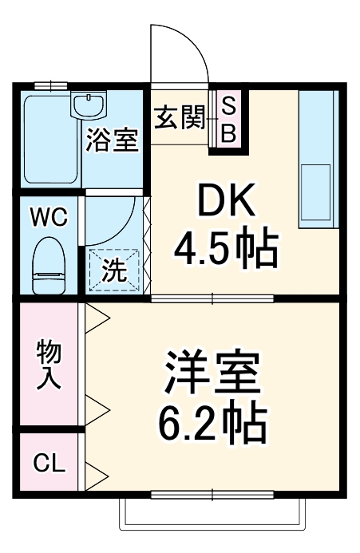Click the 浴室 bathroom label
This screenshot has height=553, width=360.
(113, 140)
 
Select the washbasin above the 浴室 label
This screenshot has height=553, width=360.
(89, 104)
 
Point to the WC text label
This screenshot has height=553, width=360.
(49, 216)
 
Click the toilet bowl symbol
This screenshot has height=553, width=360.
(49, 268)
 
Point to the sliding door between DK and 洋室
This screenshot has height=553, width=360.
(212, 299)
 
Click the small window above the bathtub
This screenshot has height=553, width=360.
(49, 85)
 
